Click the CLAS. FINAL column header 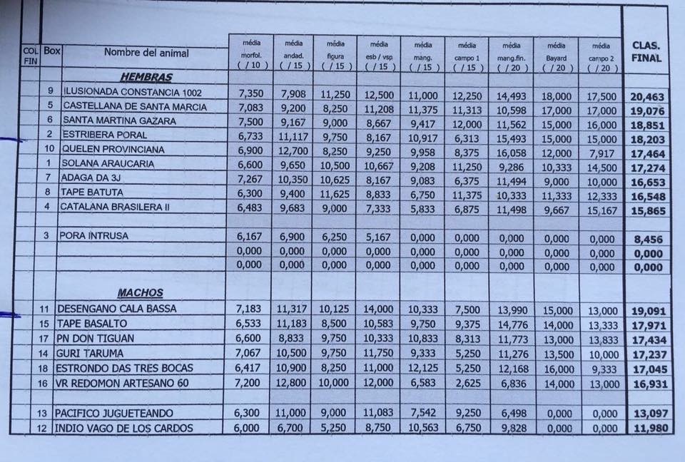[x=646, y=52]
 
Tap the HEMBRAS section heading [x=146, y=78]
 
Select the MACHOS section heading [x=140, y=292]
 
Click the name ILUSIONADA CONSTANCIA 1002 [x=133, y=92]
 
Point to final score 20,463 [x=647, y=96]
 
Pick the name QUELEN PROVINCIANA [x=113, y=149]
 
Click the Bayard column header [x=556, y=58]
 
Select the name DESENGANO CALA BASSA [x=116, y=309]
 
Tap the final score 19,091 [x=649, y=312]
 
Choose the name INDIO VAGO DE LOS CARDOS [x=123, y=428]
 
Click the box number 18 [x=43, y=368]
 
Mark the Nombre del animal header [x=146, y=53]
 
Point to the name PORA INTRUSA [x=94, y=236]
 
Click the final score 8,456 [x=649, y=240]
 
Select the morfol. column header [x=251, y=56]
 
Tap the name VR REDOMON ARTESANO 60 [x=122, y=384]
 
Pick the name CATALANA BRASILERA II [x=114, y=207]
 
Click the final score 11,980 [x=651, y=428]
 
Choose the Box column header [x=51, y=51]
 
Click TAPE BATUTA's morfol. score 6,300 [x=250, y=193]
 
